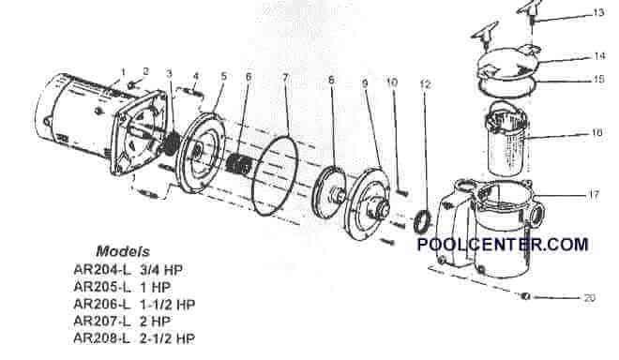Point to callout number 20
(589, 299)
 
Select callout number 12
(426, 85)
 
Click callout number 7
(284, 75)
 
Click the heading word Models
(121, 252)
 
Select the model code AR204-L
(99, 269)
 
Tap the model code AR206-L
(99, 303)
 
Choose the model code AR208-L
(99, 337)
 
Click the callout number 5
(223, 75)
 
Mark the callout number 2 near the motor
(145, 71)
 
